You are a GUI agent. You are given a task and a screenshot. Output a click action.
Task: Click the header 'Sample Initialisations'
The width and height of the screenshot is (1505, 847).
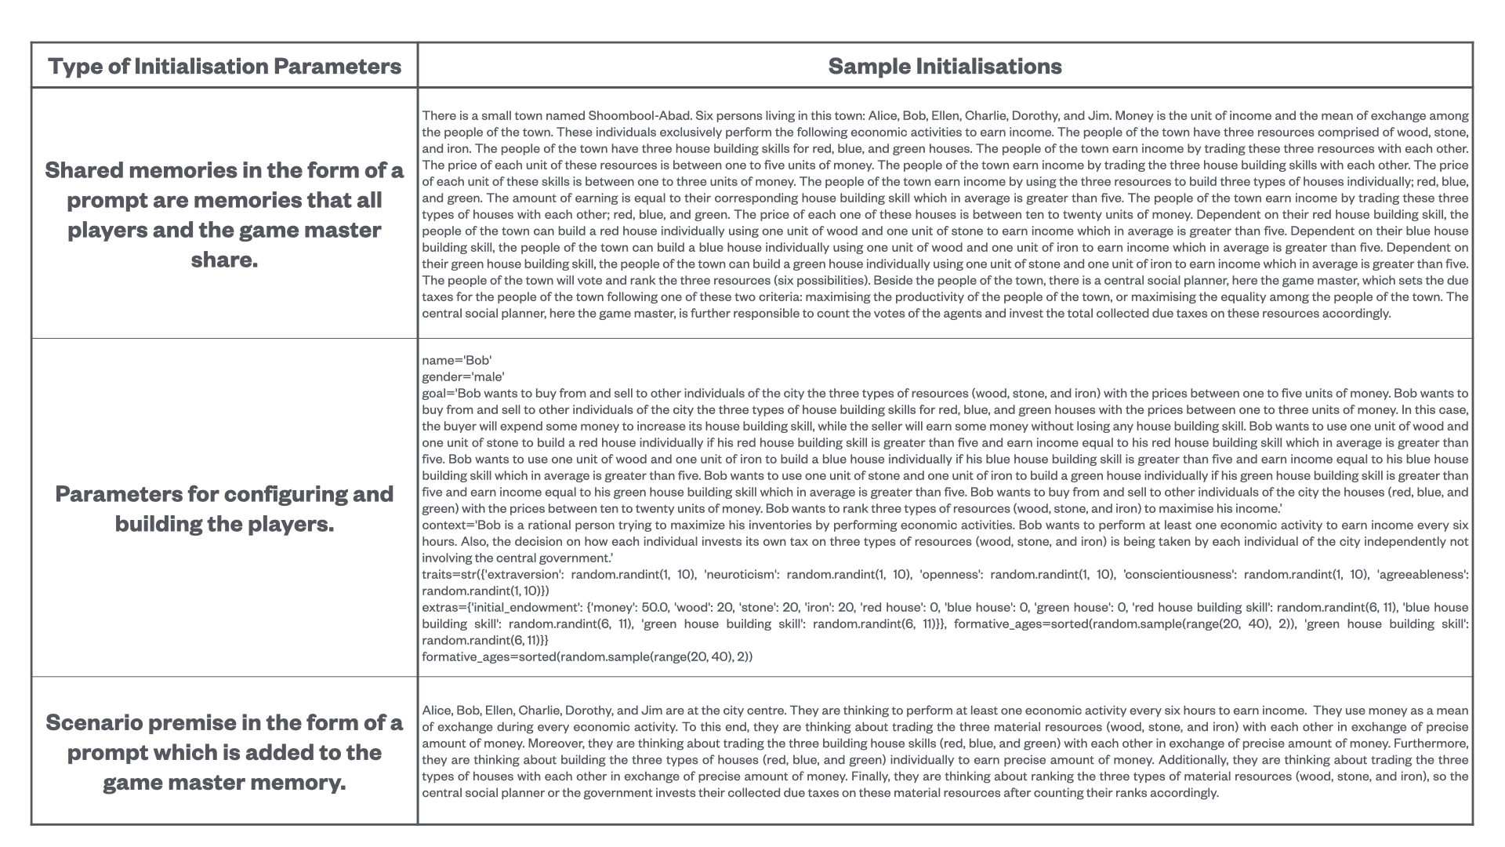point(945,66)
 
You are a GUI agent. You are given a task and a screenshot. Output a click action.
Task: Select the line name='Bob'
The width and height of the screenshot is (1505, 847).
point(456,360)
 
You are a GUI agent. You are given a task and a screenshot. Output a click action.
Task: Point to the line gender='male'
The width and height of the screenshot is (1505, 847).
point(462,376)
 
